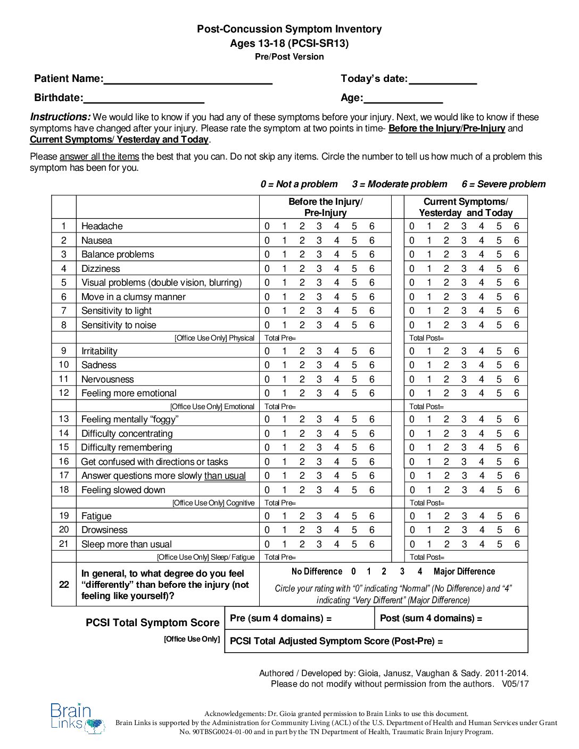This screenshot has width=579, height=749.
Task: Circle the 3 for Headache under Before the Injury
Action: (319, 226)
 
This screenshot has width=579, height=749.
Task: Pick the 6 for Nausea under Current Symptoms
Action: (516, 240)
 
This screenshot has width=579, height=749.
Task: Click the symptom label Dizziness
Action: (101, 269)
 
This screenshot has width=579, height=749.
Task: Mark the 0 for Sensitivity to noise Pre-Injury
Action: (267, 325)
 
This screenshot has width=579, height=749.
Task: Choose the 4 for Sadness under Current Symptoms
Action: (481, 365)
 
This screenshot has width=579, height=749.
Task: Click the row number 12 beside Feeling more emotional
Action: (64, 393)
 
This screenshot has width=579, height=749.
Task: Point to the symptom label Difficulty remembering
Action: (127, 447)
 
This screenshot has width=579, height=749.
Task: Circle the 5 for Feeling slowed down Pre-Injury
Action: (354, 490)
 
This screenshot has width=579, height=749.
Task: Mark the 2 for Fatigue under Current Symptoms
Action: (446, 516)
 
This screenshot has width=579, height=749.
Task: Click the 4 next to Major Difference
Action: (420, 571)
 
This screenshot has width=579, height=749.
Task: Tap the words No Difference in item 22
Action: (317, 571)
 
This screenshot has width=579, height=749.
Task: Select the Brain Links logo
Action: (78, 718)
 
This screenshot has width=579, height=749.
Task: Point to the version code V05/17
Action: (515, 684)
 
